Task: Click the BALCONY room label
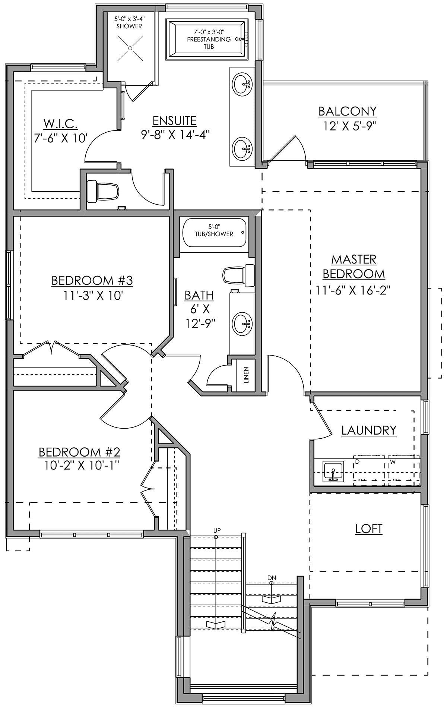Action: pos(347,111)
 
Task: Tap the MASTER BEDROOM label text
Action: pos(354,267)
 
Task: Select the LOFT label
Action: pos(368,529)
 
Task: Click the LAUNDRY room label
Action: pos(369,430)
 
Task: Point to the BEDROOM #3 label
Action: pos(92,280)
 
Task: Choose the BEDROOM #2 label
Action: pos(79,452)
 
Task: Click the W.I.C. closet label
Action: pos(60,124)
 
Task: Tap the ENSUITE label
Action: pos(174,121)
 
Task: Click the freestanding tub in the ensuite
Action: pos(209,40)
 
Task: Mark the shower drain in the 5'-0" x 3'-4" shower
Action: pos(130,48)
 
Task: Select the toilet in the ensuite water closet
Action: pos(103,190)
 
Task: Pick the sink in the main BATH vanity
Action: pos(242,323)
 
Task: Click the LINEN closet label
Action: pos(246,375)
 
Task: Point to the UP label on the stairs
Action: pos(217,530)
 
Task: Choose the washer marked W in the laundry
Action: pos(403,470)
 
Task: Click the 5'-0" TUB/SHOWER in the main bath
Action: pos(214,233)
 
